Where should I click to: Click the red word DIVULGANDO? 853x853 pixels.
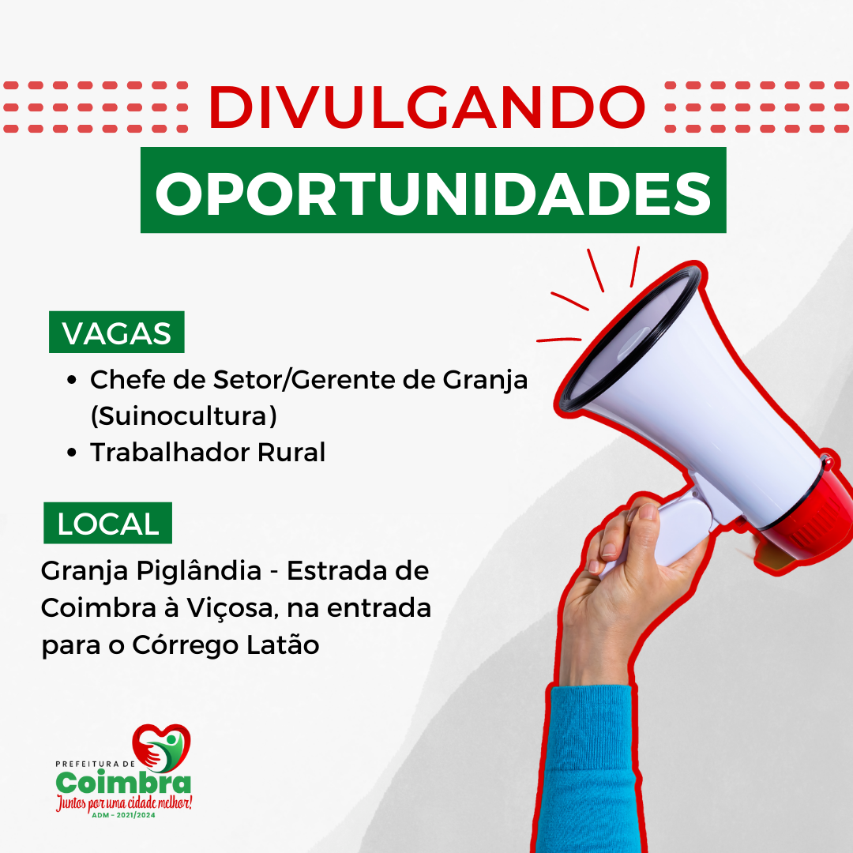tap(427, 107)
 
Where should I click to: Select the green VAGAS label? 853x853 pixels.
tap(116, 333)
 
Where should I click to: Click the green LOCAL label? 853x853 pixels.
tap(107, 524)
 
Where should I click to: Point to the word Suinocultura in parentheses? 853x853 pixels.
tap(183, 416)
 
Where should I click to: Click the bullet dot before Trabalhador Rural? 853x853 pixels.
tap(71, 453)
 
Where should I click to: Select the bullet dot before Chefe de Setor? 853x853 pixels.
tap(71, 380)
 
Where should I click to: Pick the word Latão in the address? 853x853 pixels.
tap(283, 644)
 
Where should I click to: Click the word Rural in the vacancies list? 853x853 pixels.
tap(291, 452)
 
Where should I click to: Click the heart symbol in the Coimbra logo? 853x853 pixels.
tap(161, 747)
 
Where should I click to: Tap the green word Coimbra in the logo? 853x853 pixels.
tap(123, 782)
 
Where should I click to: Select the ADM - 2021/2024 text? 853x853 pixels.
tap(123, 815)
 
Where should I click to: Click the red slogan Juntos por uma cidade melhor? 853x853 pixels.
tap(124, 803)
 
